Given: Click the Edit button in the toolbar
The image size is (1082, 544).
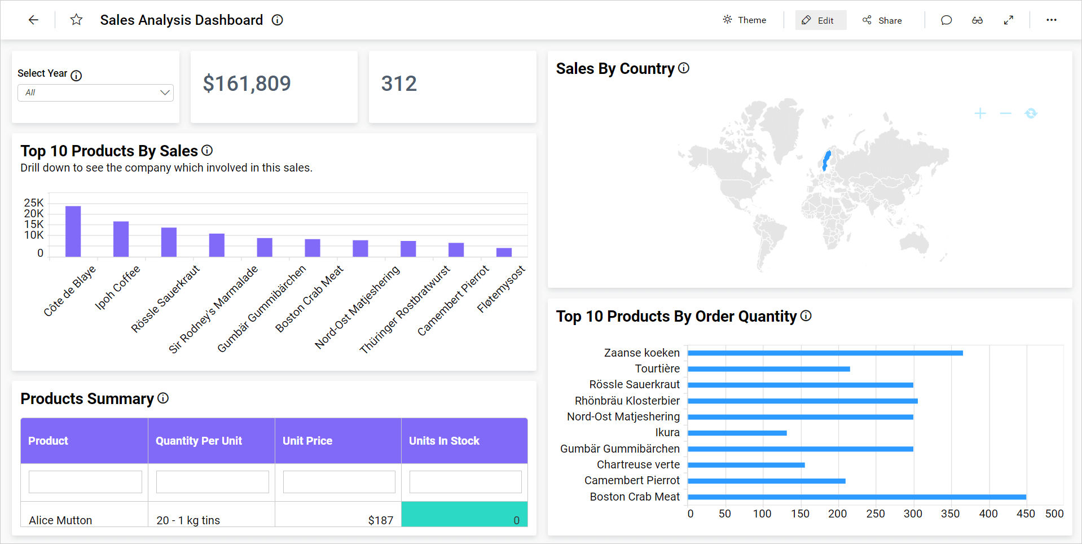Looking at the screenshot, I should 820,20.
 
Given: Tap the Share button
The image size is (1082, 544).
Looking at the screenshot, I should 882,20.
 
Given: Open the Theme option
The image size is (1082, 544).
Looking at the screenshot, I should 745,20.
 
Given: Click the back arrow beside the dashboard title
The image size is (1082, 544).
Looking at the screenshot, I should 33,20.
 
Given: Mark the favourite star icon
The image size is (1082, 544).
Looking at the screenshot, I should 76,20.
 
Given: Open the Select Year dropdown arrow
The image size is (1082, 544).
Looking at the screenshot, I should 165,93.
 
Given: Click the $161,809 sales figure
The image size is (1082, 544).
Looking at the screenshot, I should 247,84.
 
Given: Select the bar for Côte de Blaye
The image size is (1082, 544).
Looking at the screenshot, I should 73,231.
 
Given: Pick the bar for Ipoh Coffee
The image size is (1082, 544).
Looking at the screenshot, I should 121,239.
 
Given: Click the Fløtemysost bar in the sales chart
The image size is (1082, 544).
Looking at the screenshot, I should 504,252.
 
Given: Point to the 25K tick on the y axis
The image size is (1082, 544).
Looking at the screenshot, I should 34,203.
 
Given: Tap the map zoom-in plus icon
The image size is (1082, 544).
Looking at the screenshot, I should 980,113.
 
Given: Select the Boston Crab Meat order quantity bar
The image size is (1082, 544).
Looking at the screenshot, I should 856,497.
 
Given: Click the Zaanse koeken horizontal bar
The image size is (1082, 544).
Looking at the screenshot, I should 825,353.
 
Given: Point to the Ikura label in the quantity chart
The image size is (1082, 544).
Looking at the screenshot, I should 667,433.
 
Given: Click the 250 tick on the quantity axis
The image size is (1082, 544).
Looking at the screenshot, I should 876,514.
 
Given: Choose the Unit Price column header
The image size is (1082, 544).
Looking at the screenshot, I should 307,441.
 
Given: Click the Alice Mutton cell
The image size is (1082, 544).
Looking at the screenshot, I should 60,520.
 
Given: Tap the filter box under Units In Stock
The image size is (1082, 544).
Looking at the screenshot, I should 465,482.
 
